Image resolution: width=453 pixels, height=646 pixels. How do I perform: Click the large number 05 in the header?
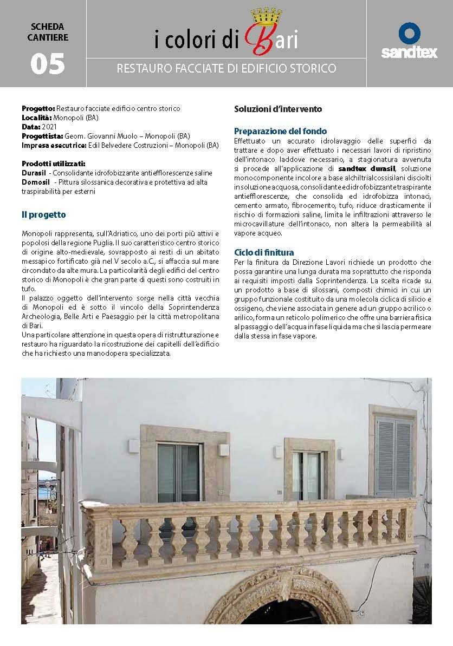(x=48, y=63)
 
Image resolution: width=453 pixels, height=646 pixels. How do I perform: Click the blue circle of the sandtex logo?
(x=409, y=34)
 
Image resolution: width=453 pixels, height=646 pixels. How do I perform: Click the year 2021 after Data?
(x=49, y=126)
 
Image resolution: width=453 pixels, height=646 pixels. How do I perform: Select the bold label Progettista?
(x=42, y=135)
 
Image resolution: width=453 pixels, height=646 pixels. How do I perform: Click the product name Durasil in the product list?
(x=34, y=173)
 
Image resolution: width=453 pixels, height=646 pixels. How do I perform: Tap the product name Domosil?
(x=35, y=182)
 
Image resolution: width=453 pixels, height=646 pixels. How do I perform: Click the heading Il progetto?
(x=44, y=215)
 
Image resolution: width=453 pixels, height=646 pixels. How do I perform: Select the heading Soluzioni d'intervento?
(x=278, y=109)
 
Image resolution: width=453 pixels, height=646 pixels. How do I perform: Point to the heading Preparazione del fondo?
(x=280, y=131)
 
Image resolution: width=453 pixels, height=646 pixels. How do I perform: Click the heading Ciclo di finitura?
(x=264, y=252)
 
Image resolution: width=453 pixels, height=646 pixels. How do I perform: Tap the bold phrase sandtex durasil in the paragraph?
(x=371, y=169)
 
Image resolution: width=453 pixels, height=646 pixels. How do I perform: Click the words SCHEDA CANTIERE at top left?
(x=47, y=31)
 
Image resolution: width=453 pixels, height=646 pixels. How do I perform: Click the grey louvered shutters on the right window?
(x=394, y=456)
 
